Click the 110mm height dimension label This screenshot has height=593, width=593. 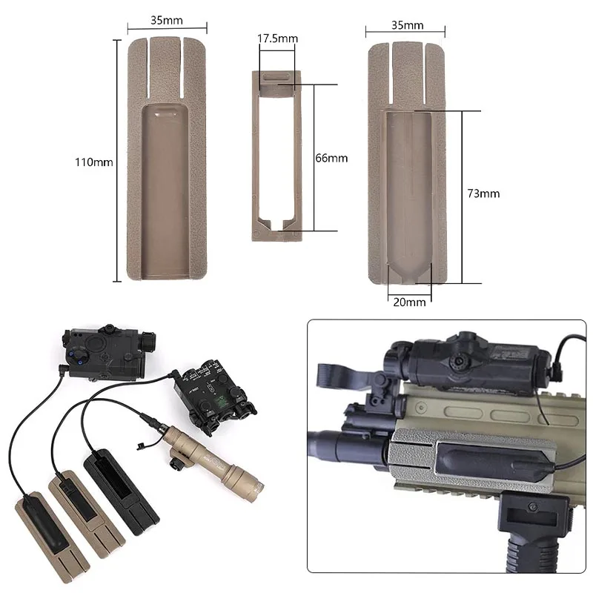(94, 162)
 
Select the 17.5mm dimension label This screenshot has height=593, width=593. (277, 39)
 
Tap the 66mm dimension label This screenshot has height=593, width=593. (331, 158)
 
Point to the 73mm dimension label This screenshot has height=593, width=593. (483, 193)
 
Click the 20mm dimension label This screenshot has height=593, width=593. (410, 302)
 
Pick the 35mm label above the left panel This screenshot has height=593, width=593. (167, 20)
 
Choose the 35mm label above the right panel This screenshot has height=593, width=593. (407, 25)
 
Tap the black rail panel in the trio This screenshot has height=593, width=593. (121, 491)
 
